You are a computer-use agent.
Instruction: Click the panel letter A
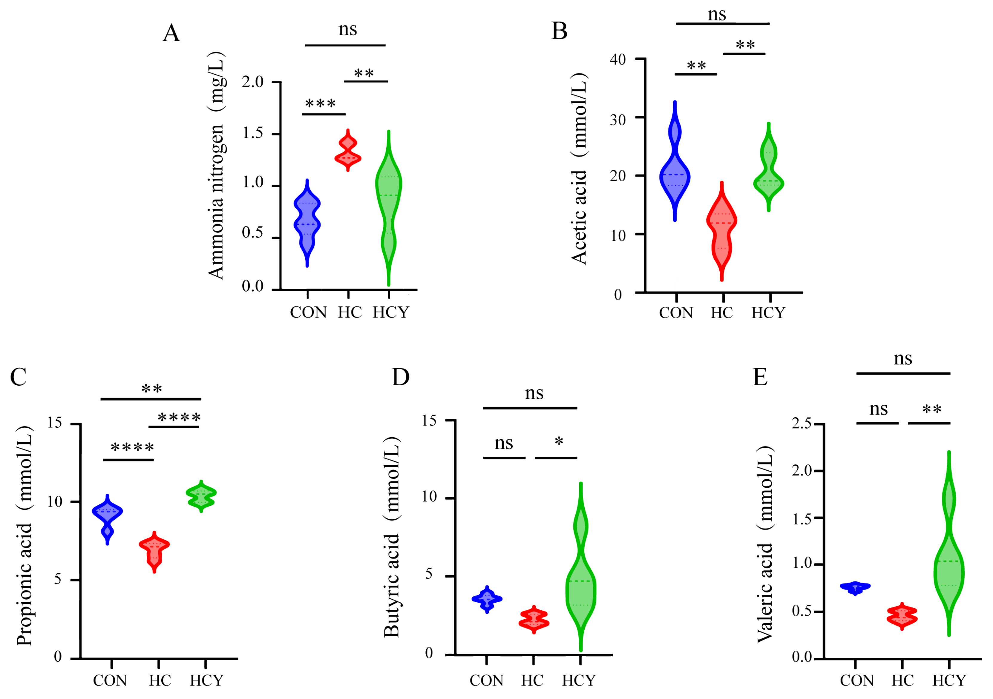click(171, 33)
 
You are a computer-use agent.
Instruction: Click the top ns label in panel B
click(717, 15)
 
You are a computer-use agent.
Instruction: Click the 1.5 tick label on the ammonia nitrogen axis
click(253, 133)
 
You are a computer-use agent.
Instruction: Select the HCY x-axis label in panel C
click(206, 681)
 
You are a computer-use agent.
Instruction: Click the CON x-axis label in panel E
click(856, 681)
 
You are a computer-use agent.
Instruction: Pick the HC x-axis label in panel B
click(721, 313)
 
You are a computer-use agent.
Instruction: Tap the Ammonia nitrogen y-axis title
click(216, 166)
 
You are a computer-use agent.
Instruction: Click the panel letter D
click(401, 377)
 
